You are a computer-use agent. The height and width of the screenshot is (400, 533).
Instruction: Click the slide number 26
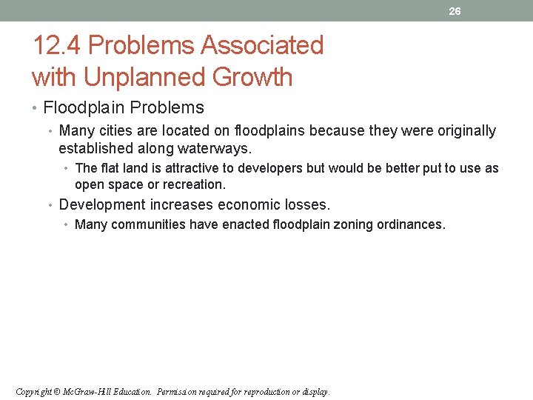[x=455, y=11]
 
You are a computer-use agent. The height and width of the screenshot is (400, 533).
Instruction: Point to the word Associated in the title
[x=263, y=46]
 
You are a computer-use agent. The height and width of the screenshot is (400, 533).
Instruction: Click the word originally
[x=458, y=131]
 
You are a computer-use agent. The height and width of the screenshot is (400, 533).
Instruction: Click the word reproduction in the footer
[x=255, y=391]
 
